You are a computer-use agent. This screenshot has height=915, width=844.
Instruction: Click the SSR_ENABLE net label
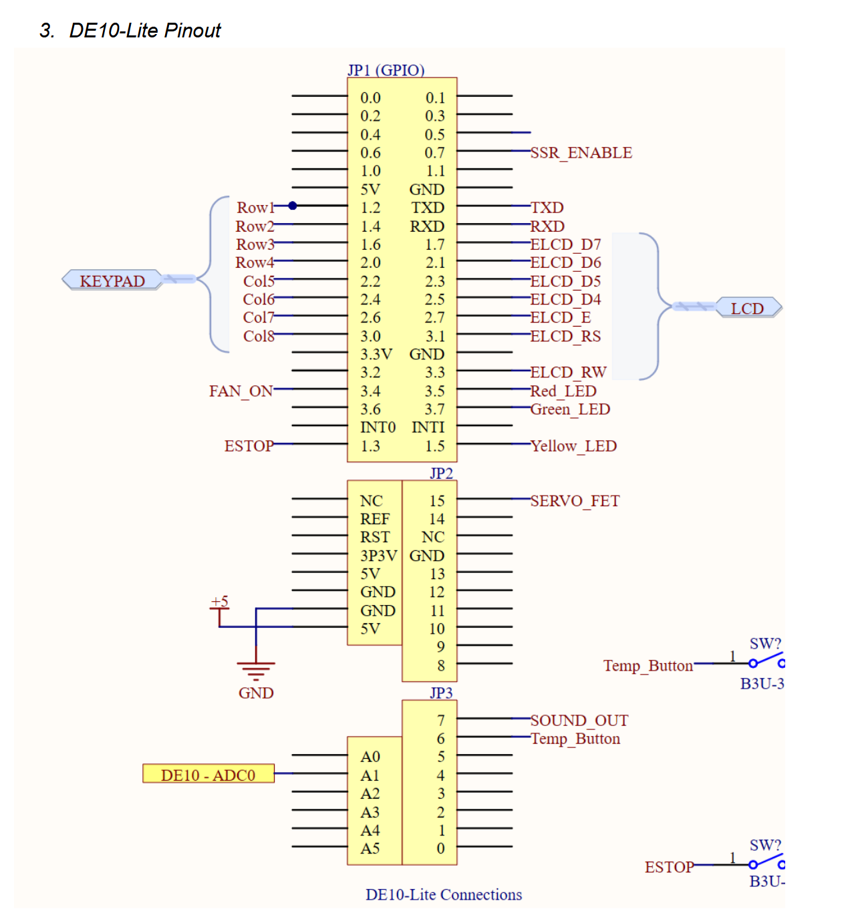click(581, 153)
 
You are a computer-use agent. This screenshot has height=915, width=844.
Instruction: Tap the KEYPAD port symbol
click(112, 281)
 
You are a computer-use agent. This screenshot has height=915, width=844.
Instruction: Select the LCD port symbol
click(747, 309)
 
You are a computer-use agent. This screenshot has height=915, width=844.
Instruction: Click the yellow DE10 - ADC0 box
click(208, 775)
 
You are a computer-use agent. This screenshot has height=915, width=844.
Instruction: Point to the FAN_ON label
click(241, 391)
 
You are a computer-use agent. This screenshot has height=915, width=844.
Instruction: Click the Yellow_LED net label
click(573, 446)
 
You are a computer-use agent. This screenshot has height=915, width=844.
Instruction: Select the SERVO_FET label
click(575, 501)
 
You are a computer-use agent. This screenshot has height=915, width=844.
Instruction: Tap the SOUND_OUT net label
click(579, 721)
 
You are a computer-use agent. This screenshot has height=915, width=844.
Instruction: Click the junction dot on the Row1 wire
click(292, 206)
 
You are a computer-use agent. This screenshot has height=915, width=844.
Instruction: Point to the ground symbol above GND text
click(256, 668)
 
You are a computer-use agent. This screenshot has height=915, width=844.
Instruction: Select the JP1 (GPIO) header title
click(386, 70)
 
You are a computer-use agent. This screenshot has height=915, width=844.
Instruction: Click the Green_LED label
click(570, 409)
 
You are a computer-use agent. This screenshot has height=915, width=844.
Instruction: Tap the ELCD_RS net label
click(565, 337)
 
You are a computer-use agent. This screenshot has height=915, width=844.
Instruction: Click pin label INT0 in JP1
click(378, 427)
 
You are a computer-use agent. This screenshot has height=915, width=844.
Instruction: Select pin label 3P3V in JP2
click(378, 556)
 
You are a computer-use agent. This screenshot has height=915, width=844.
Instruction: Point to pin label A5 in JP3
click(370, 849)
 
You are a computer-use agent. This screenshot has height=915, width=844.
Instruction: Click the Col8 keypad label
click(259, 336)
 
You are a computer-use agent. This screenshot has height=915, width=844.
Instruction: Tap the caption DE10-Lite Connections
click(444, 895)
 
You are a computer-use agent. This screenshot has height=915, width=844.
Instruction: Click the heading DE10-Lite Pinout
click(144, 31)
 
